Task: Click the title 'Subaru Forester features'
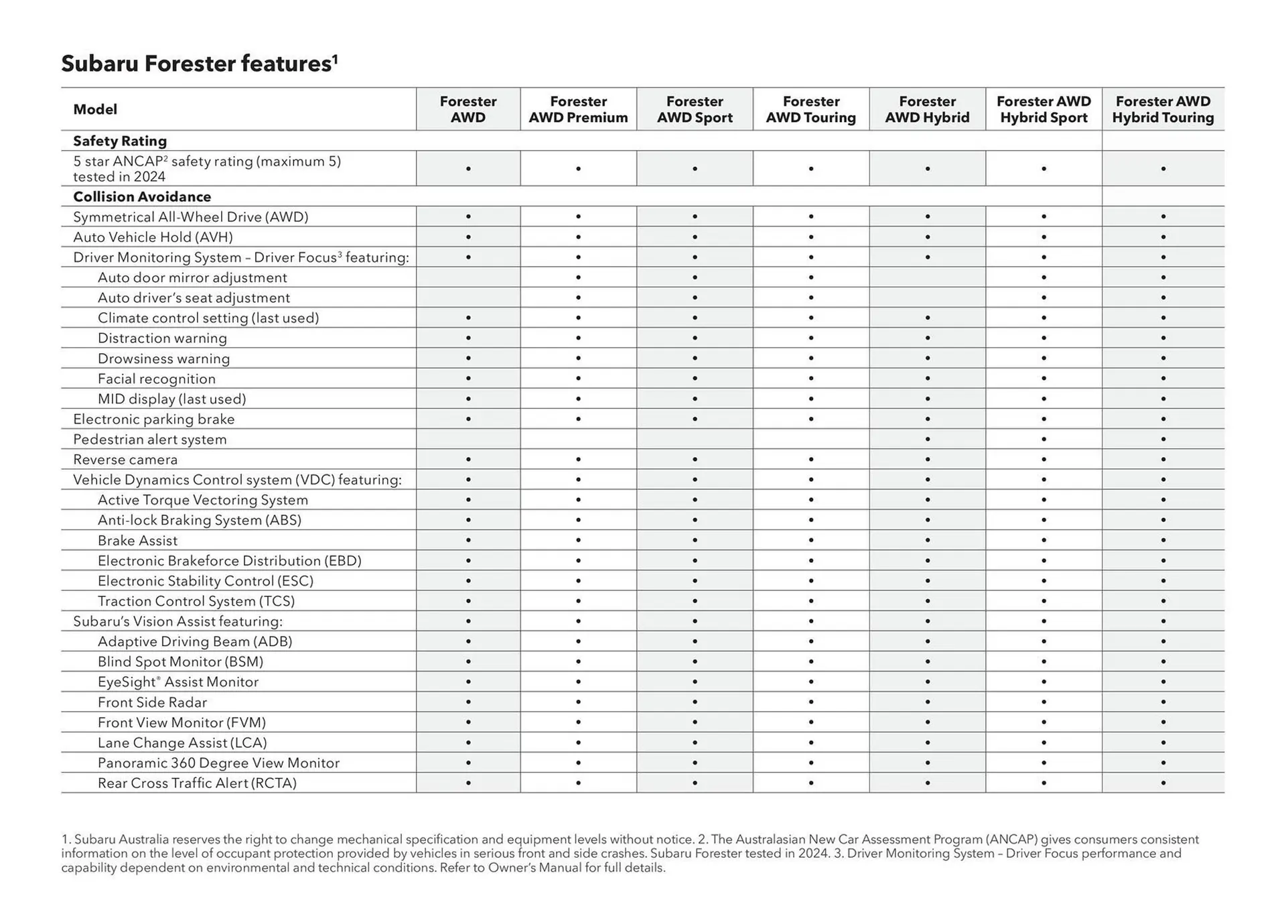pyautogui.click(x=199, y=64)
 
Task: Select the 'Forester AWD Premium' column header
pyautogui.click(x=578, y=109)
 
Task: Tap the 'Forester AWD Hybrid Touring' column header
pyautogui.click(x=1163, y=109)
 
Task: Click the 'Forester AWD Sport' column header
pyautogui.click(x=695, y=109)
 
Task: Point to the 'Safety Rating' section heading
pyautogui.click(x=120, y=141)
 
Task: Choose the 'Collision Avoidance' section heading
pyautogui.click(x=142, y=196)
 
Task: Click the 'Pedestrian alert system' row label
pyautogui.click(x=150, y=440)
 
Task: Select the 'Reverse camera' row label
pyautogui.click(x=125, y=460)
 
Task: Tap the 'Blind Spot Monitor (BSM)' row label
pyautogui.click(x=180, y=662)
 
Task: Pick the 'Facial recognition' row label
pyautogui.click(x=157, y=379)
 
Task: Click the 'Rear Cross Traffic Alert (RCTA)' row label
pyautogui.click(x=197, y=783)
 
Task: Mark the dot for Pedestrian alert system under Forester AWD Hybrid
pyautogui.click(x=928, y=440)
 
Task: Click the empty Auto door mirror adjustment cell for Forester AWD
pyautogui.click(x=468, y=277)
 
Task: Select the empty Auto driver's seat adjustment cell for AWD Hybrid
pyautogui.click(x=928, y=298)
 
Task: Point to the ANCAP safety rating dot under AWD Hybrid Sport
pyautogui.click(x=1044, y=169)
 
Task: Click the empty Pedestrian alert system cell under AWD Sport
pyautogui.click(x=695, y=440)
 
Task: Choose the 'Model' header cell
pyautogui.click(x=95, y=109)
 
